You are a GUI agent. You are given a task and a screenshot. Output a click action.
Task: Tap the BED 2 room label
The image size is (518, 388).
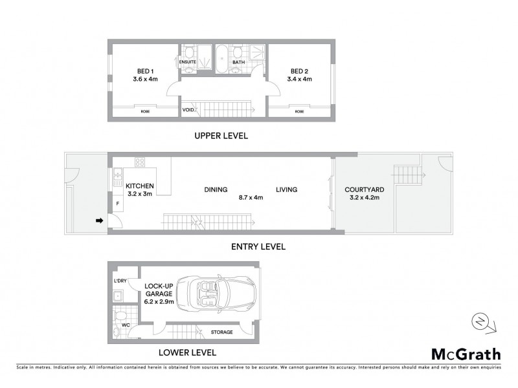tap(299, 71)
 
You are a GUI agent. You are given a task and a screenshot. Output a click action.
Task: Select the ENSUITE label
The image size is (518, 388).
tap(188, 63)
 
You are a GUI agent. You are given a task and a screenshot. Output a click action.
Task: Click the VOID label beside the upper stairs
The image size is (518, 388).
tap(188, 110)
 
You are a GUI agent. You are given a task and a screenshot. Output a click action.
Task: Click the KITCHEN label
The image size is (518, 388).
tap(139, 186)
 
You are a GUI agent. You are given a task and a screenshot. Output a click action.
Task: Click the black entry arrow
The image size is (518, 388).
tap(99, 221)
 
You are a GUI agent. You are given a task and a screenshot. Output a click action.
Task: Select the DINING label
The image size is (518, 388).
tap(216, 190)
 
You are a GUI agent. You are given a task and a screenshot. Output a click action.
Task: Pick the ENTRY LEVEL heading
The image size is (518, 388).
tap(257, 247)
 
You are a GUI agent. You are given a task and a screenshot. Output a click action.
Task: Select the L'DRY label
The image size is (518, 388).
tap(119, 281)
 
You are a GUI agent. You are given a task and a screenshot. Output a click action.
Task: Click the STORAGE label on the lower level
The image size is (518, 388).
tap(222, 332)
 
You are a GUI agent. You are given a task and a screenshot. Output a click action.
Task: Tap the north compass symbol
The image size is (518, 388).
tap(479, 321)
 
